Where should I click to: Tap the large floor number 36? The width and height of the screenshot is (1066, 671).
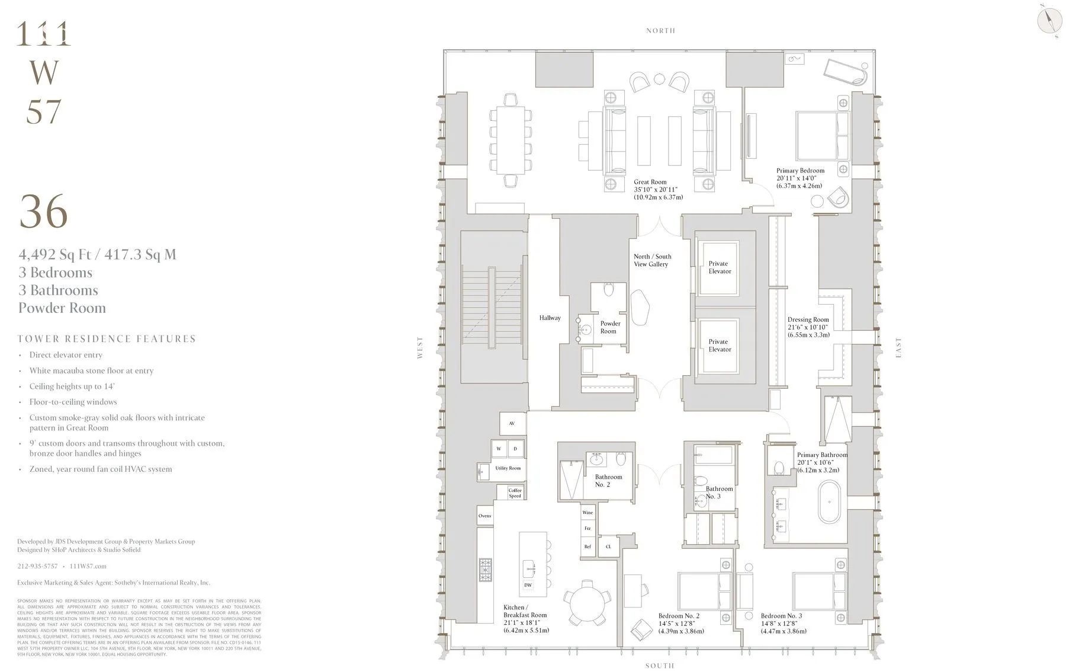[44, 212]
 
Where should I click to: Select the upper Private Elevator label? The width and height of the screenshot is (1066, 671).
[720, 267]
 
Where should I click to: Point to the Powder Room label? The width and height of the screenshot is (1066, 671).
[610, 327]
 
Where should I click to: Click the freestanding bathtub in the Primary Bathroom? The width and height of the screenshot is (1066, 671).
[829, 502]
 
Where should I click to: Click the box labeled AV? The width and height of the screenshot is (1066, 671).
[512, 423]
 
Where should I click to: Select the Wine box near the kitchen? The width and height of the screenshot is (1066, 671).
[587, 513]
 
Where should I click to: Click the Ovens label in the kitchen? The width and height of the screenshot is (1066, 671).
[484, 516]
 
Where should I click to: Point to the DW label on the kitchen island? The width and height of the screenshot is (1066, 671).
[528, 585]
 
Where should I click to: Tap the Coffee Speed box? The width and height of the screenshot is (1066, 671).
[515, 493]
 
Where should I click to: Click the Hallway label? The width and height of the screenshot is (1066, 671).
[550, 318]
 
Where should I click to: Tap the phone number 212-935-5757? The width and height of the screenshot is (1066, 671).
[37, 566]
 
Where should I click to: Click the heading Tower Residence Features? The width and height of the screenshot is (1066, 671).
[107, 339]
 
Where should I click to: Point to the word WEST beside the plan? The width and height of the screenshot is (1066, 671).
[420, 348]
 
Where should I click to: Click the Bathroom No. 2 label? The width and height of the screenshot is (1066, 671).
[608, 481]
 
